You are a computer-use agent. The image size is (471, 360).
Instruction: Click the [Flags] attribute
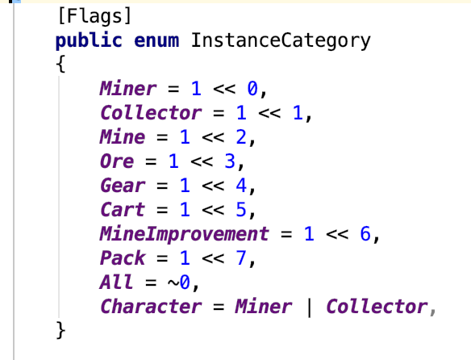[94, 15]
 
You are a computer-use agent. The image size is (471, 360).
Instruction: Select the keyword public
[89, 40]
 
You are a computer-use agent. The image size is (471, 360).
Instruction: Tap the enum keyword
[156, 41]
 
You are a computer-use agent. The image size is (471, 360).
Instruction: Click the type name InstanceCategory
[281, 41]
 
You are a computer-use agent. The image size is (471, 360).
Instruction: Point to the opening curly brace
[60, 64]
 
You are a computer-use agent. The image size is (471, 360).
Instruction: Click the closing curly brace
[60, 330]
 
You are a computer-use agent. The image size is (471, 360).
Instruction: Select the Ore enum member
[117, 161]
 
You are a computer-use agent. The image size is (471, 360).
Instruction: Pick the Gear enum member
[123, 186]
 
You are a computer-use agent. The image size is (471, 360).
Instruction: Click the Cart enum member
[123, 209]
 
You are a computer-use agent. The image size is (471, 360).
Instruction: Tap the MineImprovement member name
[185, 234]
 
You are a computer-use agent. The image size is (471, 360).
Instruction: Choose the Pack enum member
[123, 257]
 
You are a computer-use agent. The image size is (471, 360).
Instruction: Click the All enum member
[116, 282]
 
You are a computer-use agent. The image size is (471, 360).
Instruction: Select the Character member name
[151, 307]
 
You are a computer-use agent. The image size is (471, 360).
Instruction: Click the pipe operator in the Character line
[309, 307]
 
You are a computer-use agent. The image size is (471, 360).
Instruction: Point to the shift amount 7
[241, 257]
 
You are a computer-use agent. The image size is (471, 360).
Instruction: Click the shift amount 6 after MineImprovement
[365, 234]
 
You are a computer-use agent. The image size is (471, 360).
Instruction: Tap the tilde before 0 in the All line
[173, 283]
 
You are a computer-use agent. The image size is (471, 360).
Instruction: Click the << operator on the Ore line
[202, 161]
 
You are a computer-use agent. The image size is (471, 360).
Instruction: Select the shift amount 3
[230, 161]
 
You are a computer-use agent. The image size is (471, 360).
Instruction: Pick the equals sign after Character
[219, 307]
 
